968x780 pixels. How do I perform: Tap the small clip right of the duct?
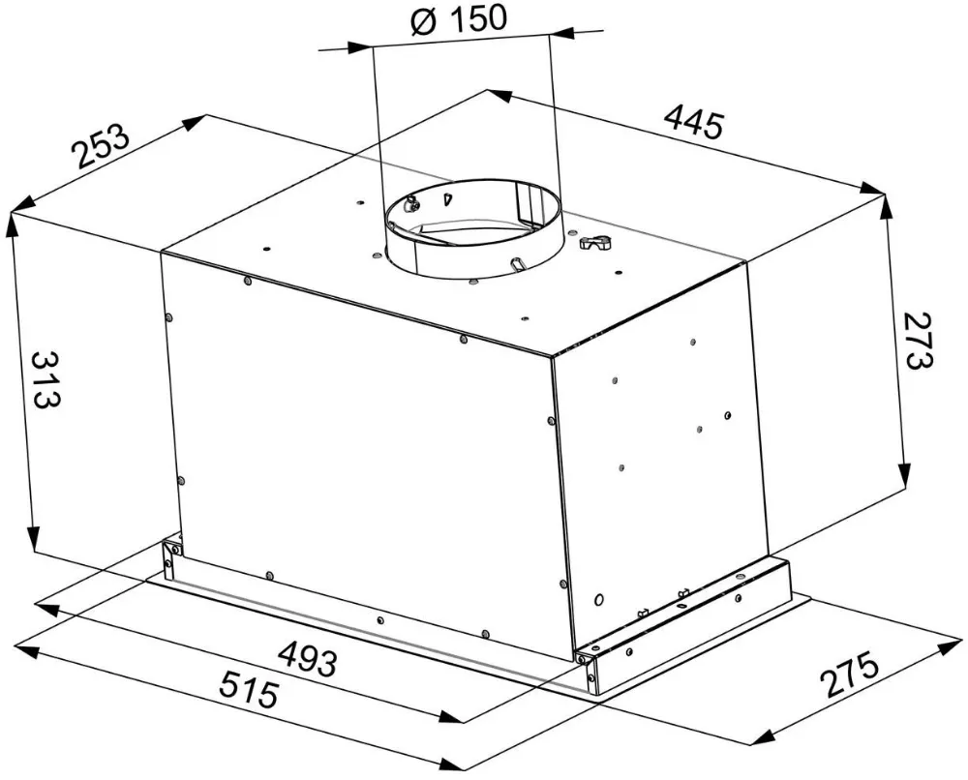(593, 244)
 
